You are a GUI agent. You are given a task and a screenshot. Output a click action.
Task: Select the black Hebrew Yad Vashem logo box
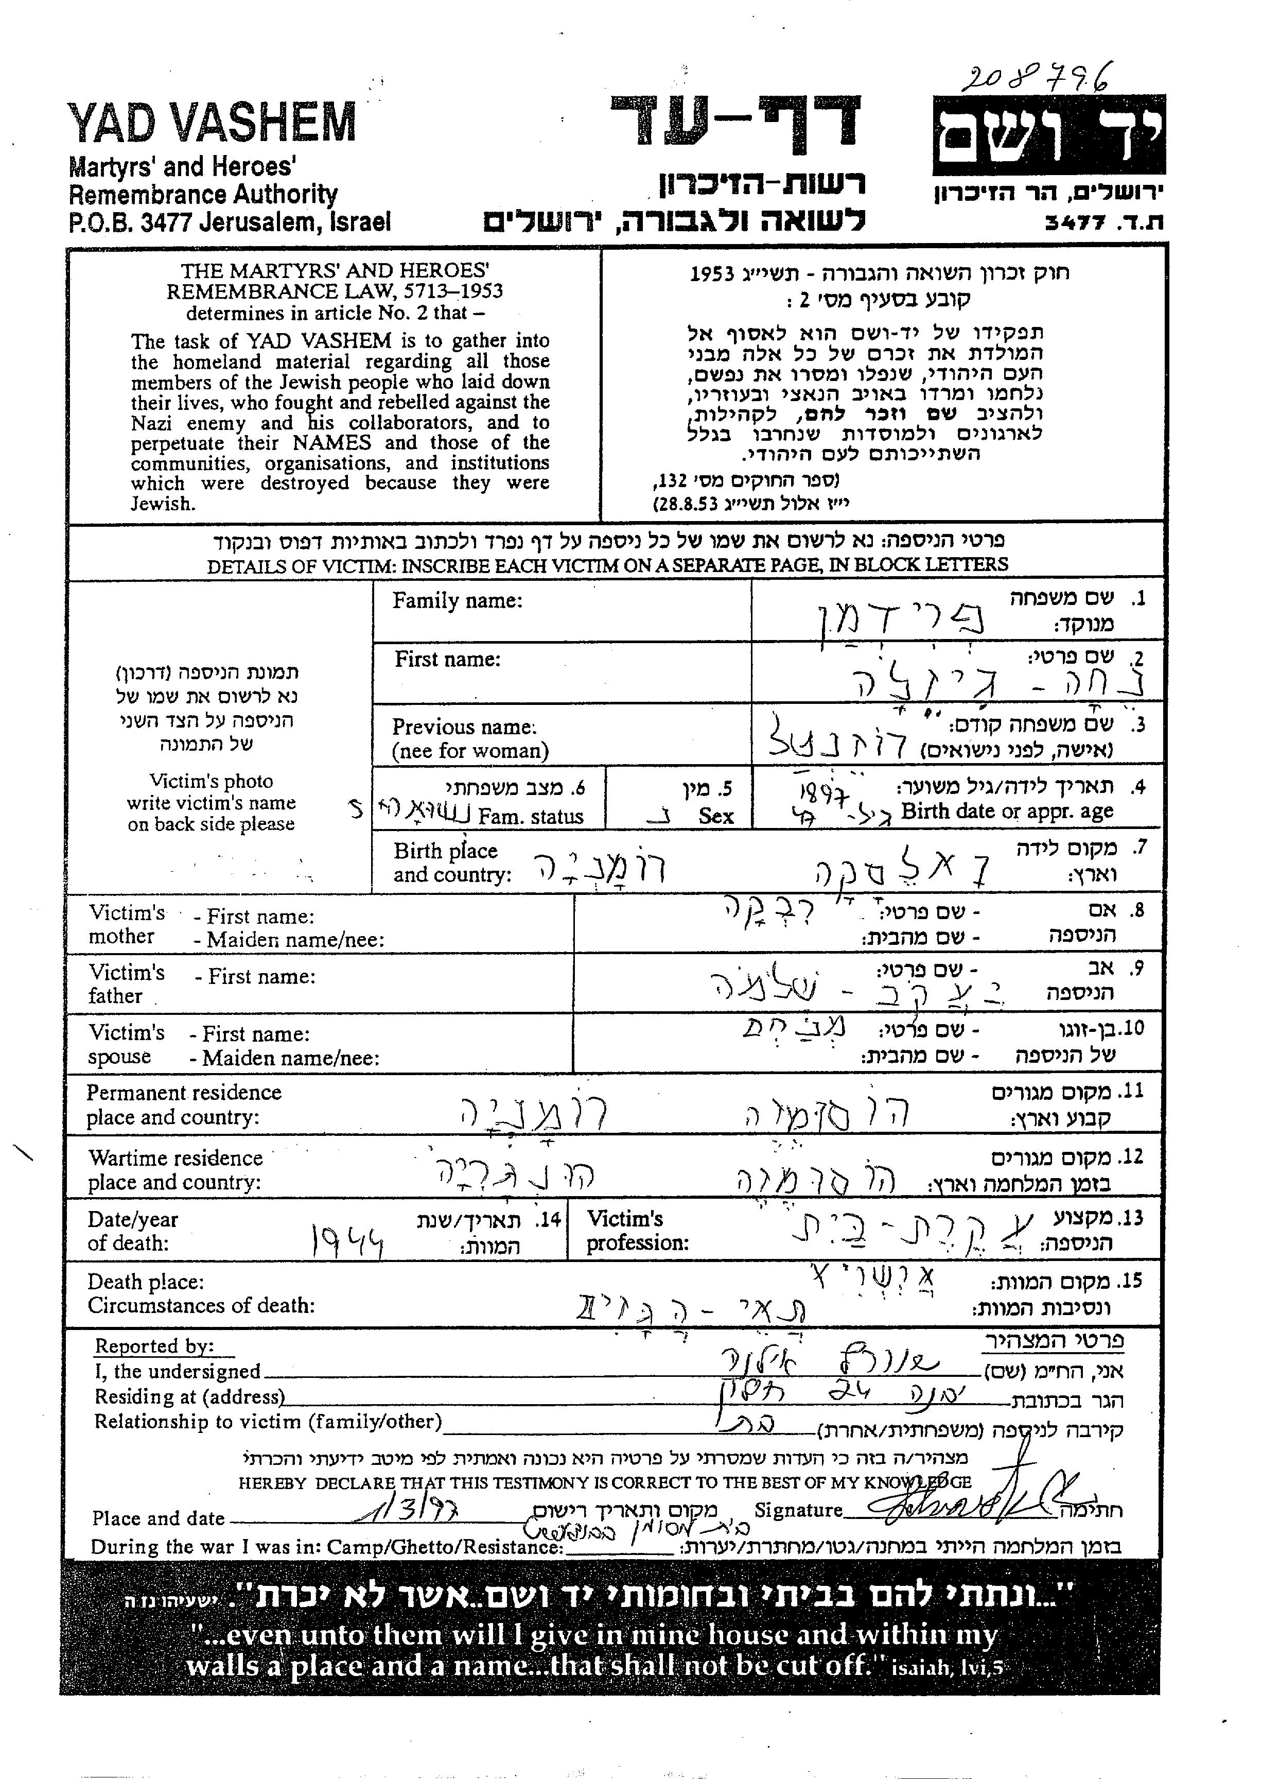pos(1048,135)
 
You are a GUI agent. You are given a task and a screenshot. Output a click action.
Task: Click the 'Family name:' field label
pos(457,601)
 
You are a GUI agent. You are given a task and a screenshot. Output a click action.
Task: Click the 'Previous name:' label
pos(464,727)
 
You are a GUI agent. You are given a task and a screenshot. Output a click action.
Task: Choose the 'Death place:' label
pos(145,1283)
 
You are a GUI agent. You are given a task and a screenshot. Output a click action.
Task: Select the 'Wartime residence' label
pos(176,1159)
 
